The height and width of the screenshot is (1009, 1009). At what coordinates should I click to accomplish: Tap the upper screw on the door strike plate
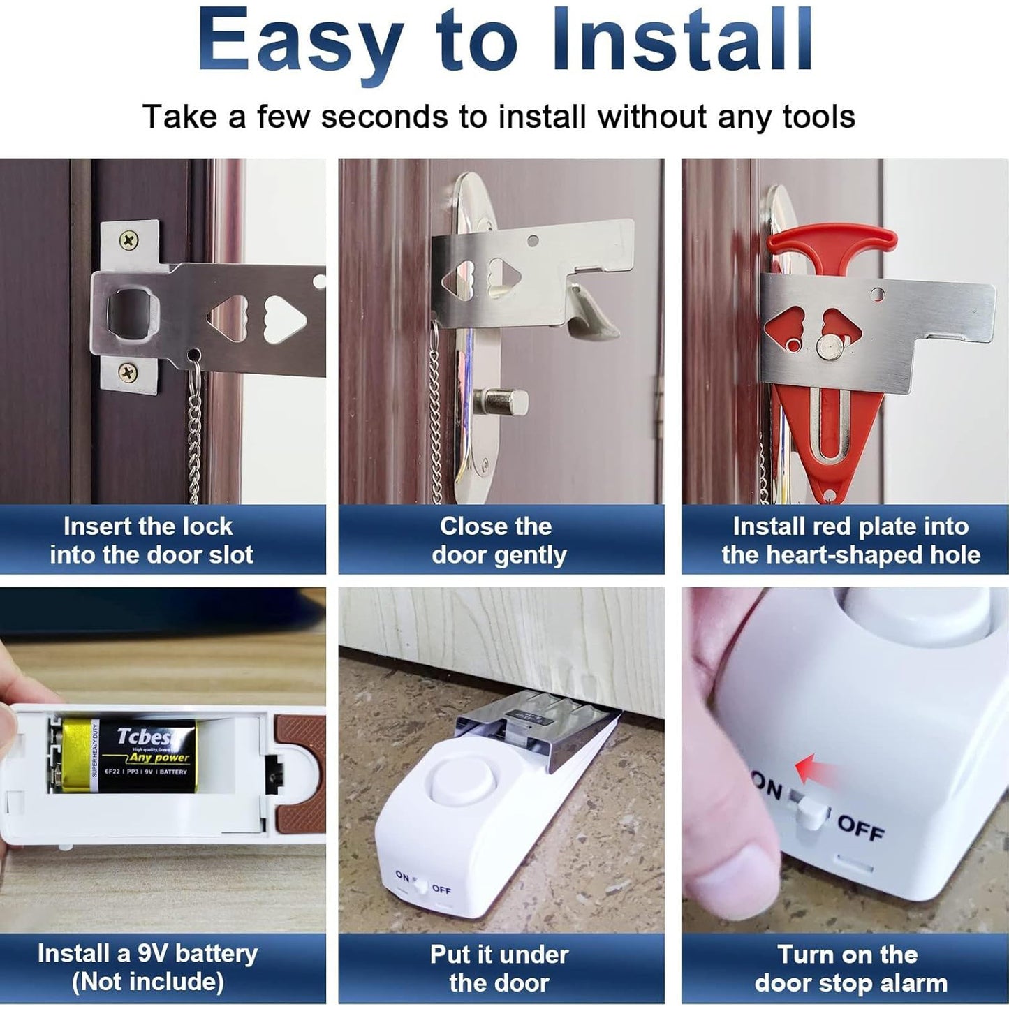(130, 242)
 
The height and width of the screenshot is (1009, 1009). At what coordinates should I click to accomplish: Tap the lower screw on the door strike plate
(128, 371)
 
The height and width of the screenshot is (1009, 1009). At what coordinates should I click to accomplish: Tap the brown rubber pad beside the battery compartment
(297, 768)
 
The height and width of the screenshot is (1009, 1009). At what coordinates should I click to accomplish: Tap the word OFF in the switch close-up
(860, 827)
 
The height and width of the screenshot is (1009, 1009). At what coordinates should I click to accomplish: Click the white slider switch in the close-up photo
(810, 810)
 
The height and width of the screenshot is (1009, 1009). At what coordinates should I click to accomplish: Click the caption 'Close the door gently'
(499, 540)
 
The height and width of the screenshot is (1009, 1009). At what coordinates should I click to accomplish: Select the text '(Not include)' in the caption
(148, 982)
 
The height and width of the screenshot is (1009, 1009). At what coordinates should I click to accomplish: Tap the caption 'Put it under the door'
(499, 969)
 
